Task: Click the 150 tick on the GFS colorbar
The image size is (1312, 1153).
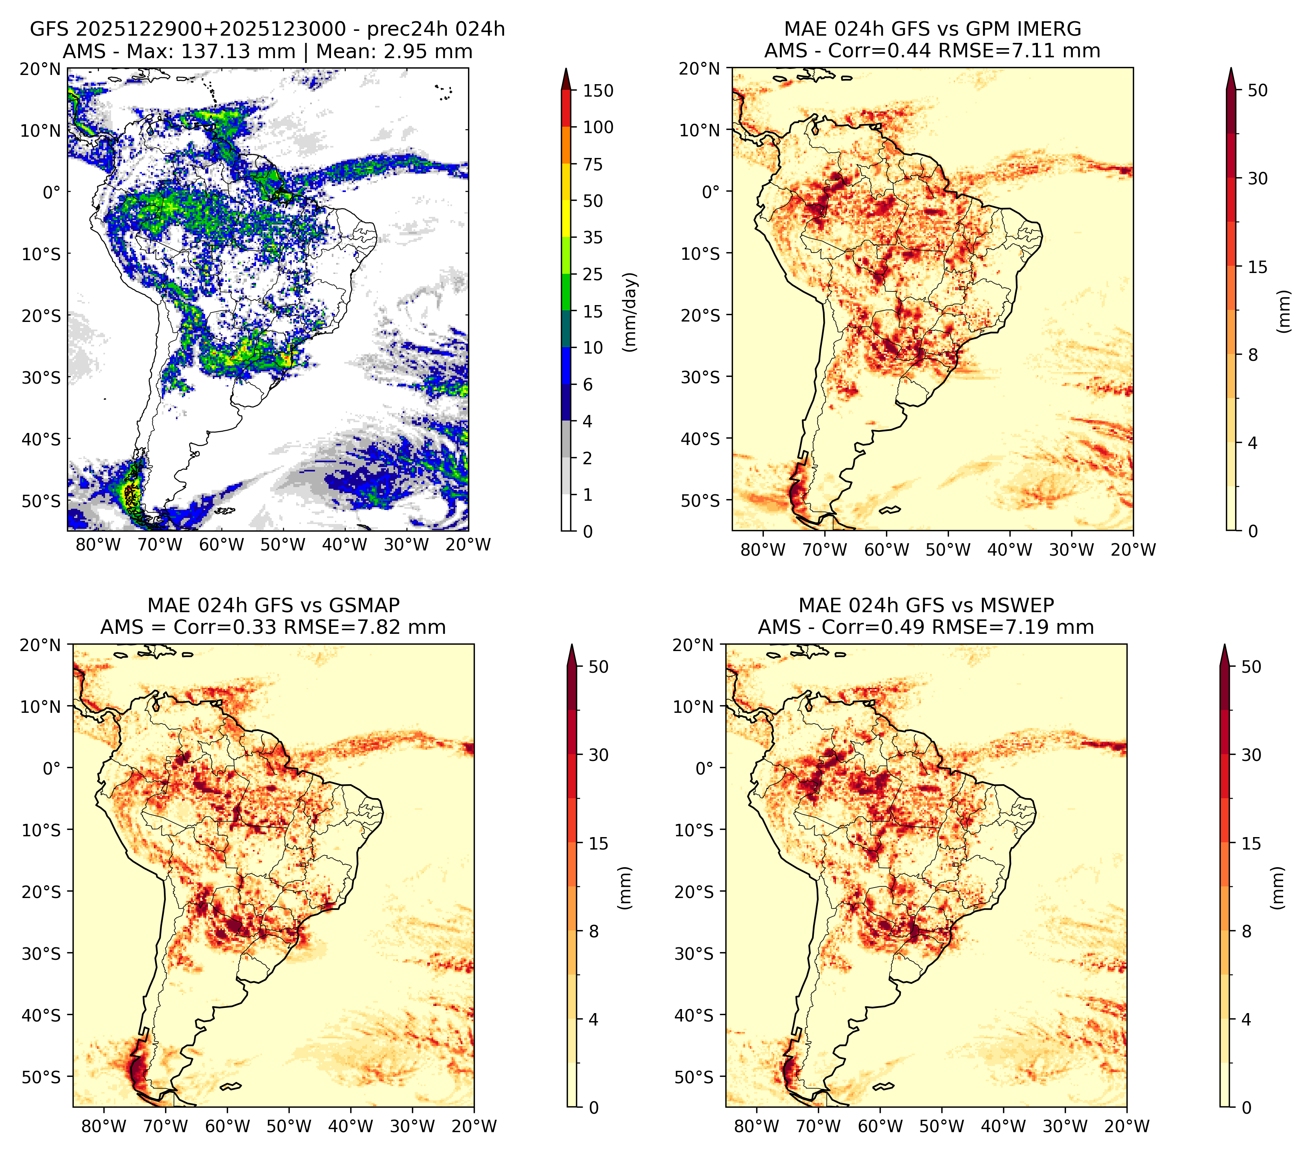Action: pos(597,91)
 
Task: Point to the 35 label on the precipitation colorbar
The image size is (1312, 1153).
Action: pos(592,237)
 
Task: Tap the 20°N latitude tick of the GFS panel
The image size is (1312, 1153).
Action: pos(40,69)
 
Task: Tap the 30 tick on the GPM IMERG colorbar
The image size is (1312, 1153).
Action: pos(1258,178)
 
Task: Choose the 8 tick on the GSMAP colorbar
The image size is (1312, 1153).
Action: pos(593,932)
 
